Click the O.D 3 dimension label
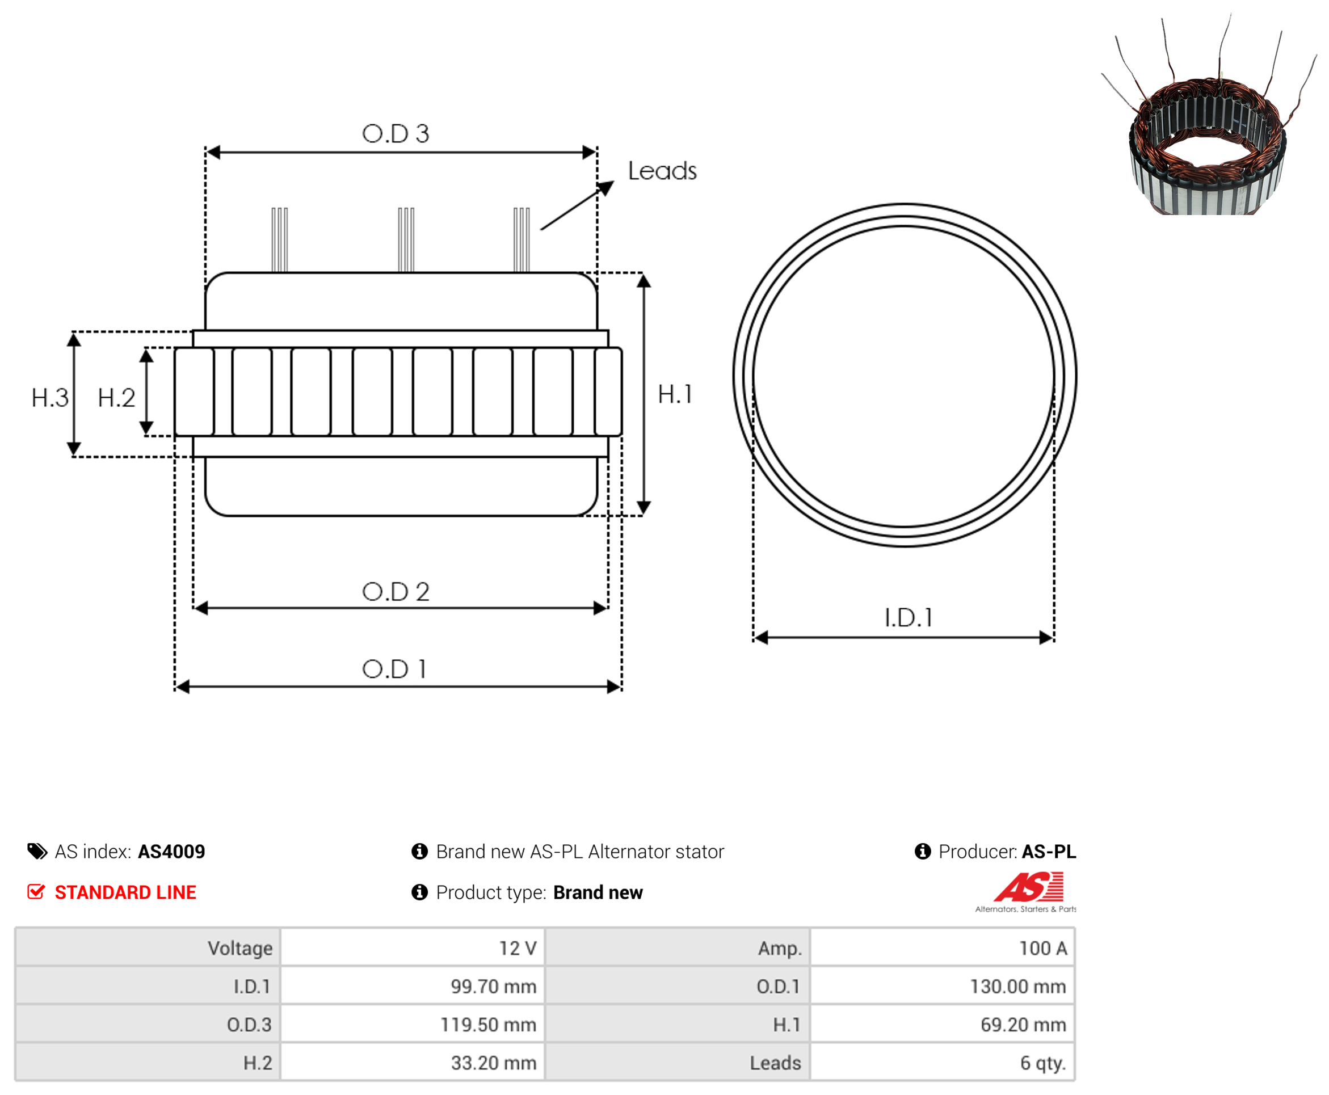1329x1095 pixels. [396, 134]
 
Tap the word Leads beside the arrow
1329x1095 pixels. [662, 171]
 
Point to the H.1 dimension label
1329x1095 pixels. [675, 394]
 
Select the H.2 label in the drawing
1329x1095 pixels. [117, 398]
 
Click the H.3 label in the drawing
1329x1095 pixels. [50, 398]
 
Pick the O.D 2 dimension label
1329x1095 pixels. [396, 592]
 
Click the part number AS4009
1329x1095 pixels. [171, 852]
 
